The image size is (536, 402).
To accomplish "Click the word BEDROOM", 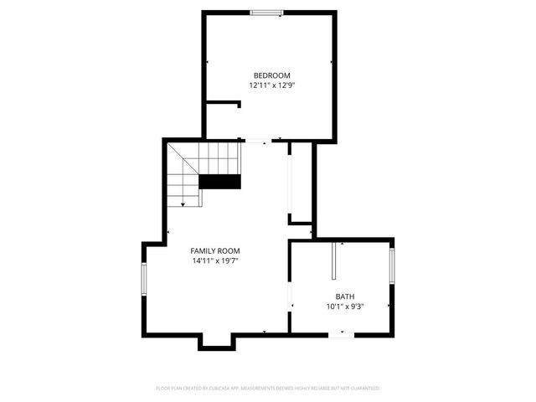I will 272,75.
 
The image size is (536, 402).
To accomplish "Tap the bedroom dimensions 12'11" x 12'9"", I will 272,85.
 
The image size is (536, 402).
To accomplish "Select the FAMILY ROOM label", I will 215,251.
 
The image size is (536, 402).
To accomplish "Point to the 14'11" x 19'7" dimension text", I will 215,260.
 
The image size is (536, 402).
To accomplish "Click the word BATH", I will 345,296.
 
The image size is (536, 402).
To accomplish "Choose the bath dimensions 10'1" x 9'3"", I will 345,306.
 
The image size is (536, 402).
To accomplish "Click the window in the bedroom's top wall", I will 267,12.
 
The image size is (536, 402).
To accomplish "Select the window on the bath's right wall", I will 391,267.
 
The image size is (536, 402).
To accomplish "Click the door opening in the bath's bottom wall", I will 341,335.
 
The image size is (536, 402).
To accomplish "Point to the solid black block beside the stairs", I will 219,182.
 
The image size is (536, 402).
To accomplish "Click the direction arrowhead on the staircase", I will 183,204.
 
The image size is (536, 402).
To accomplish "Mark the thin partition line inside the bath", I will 333,261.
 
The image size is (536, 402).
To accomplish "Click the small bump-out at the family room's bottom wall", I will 216,342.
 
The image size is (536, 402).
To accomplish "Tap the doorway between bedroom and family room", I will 255,141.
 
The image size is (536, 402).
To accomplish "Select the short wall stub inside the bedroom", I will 224,104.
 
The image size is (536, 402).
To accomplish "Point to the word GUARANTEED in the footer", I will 363,389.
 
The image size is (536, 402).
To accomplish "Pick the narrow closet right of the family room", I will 301,183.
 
